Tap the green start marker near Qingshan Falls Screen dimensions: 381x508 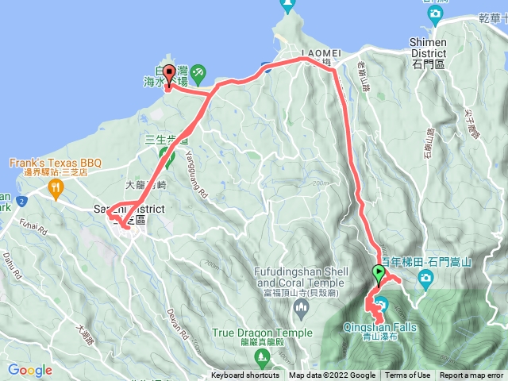[x=379, y=275]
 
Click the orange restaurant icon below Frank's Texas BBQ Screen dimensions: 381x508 [x=55, y=188]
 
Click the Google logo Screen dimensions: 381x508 [x=30, y=370]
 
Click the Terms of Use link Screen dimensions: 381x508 [x=408, y=375]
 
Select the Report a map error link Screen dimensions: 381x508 [x=472, y=375]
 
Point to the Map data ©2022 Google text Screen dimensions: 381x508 [x=332, y=375]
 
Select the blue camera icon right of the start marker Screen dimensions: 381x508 [x=426, y=277]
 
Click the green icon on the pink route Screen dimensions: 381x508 [x=165, y=152]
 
